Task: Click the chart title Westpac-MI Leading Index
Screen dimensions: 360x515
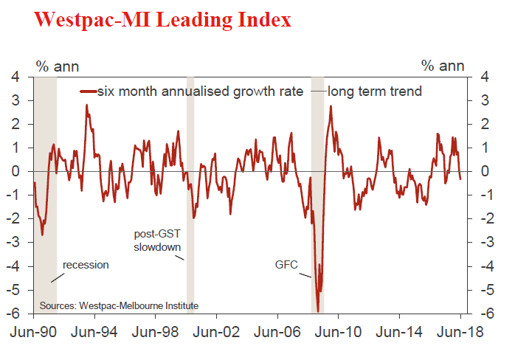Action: click(163, 20)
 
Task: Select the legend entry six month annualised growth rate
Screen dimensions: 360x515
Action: click(199, 91)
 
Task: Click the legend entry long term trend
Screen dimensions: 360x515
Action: click(374, 91)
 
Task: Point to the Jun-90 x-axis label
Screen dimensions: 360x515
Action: click(34, 333)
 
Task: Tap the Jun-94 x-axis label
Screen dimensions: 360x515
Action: click(94, 333)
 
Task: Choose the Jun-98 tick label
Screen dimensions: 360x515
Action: click(156, 333)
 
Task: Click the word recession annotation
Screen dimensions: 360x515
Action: click(86, 264)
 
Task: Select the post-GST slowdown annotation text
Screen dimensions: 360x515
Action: click(157, 240)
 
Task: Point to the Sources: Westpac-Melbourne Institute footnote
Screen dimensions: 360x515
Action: click(119, 305)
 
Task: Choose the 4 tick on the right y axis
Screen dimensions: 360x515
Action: click(483, 76)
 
